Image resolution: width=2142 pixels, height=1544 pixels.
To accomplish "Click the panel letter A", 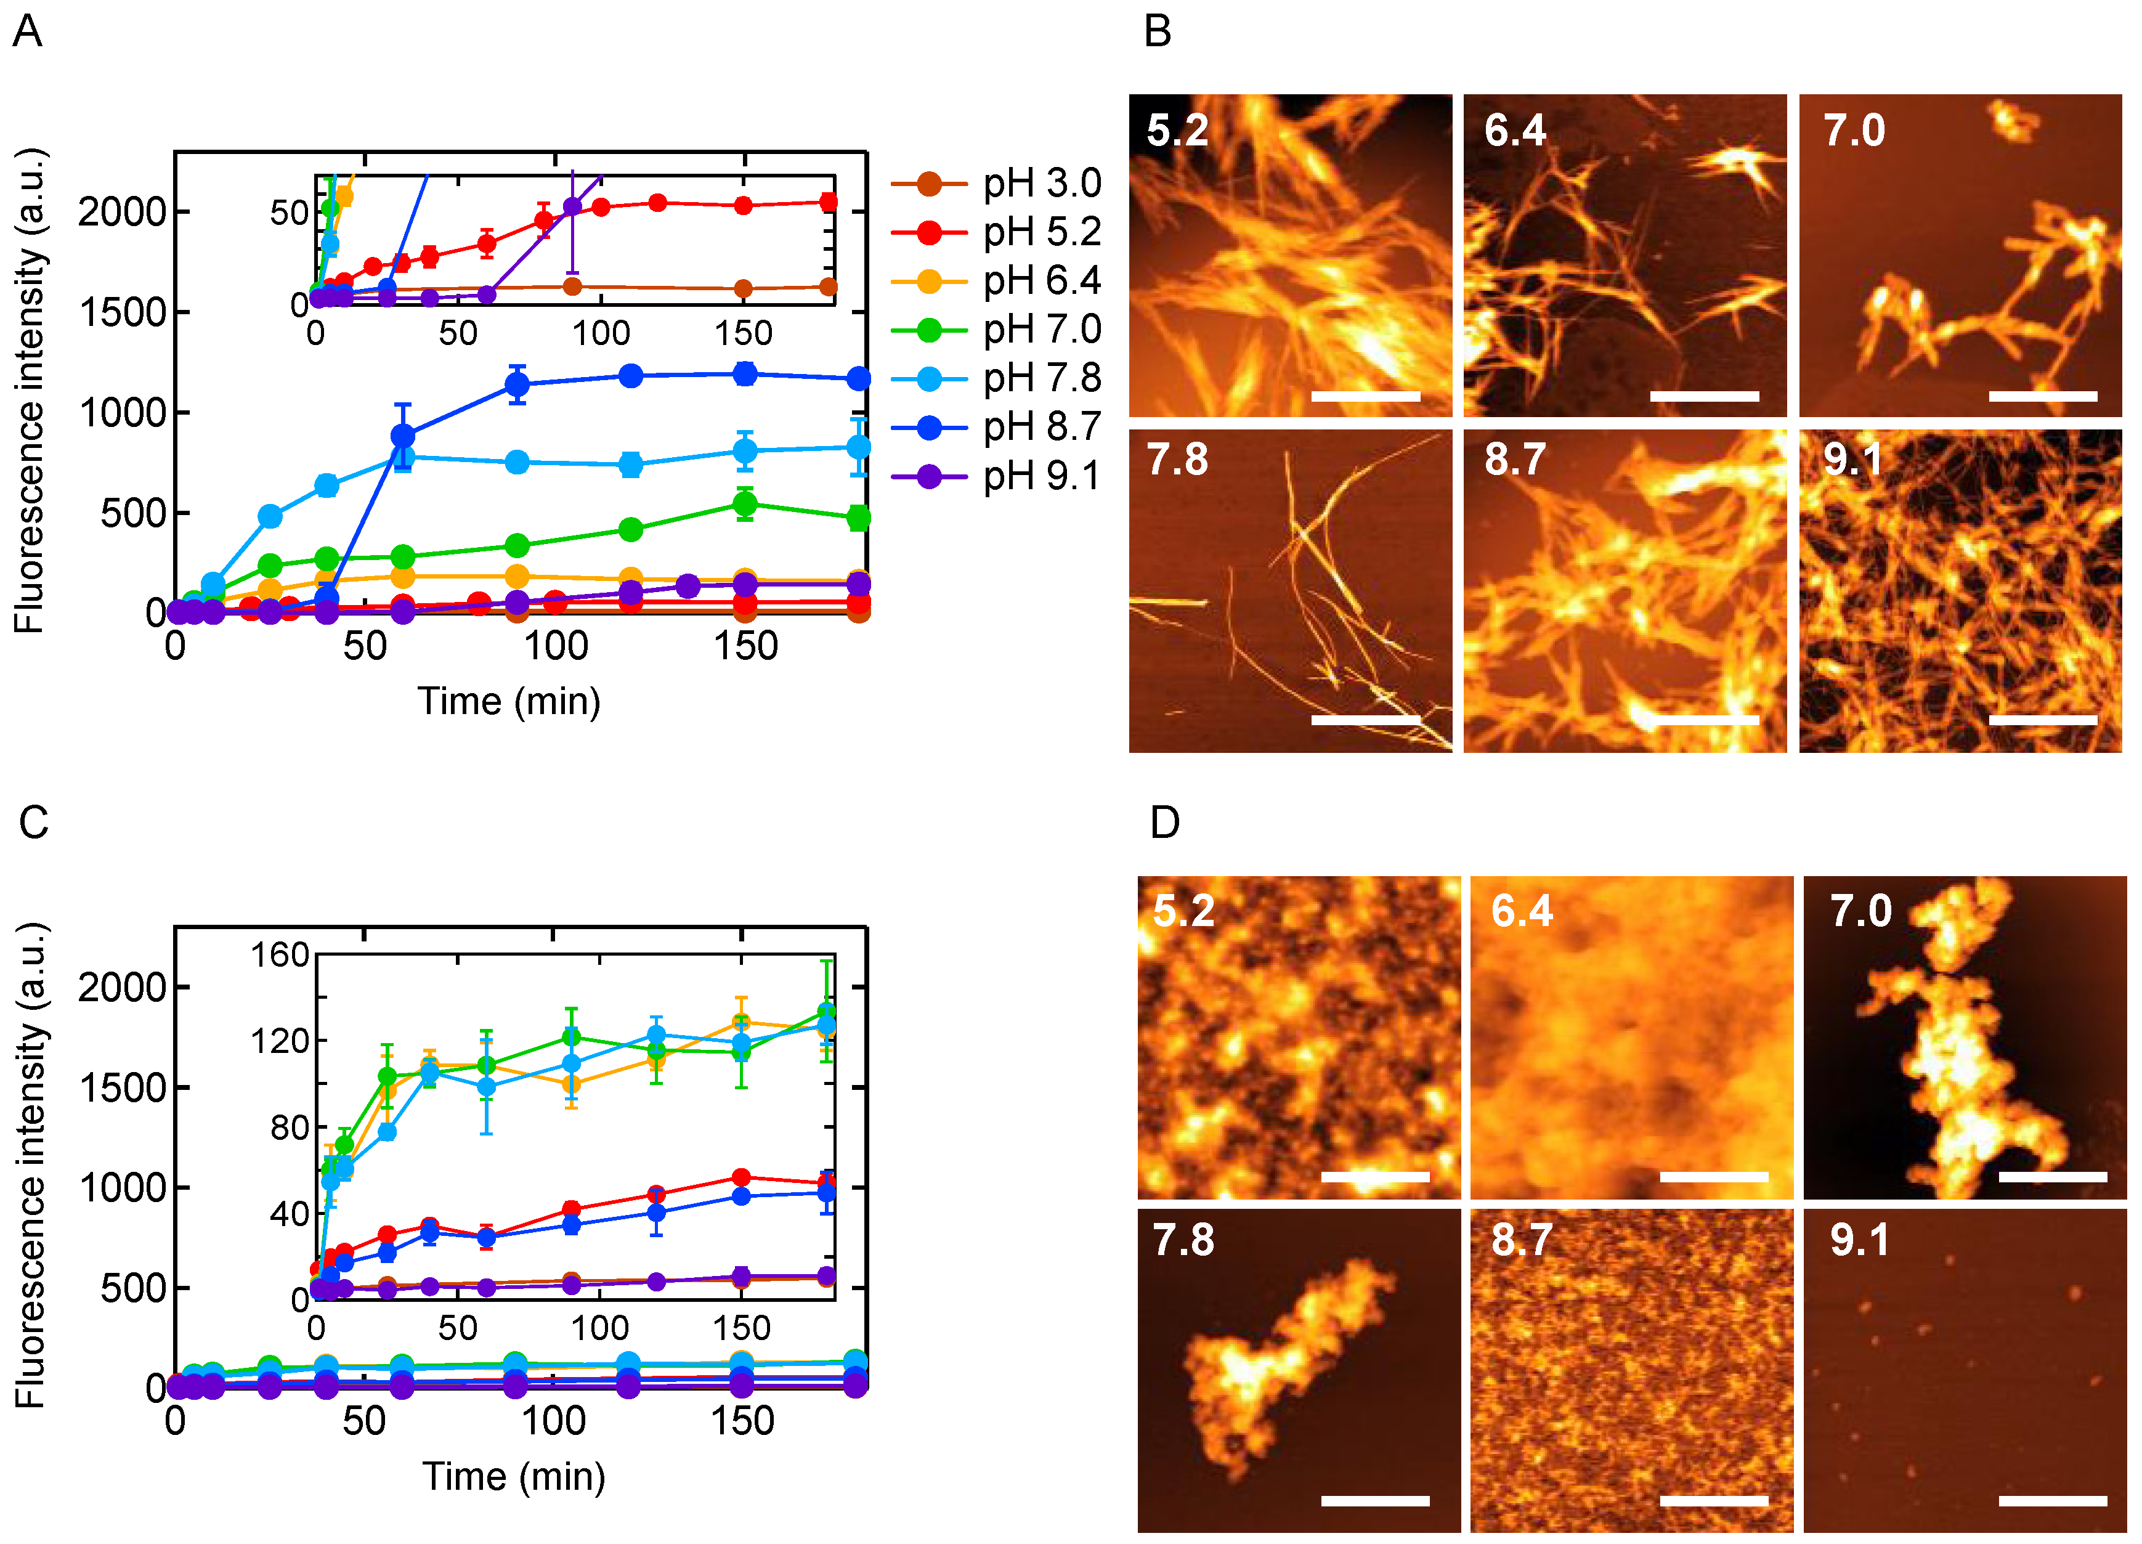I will [26, 31].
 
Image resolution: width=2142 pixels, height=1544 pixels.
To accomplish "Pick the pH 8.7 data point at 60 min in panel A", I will [402, 436].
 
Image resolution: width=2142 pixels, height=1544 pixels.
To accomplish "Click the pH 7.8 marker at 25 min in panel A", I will [270, 516].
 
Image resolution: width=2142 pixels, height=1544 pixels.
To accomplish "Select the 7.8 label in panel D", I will [1183, 1240].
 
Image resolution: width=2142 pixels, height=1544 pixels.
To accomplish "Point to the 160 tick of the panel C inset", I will [280, 955].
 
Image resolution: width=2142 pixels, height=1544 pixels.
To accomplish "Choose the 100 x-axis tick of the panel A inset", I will [601, 333].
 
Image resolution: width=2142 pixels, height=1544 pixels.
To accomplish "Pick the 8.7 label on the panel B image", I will [1514, 460].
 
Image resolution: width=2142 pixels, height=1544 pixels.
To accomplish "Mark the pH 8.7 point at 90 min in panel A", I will [517, 384].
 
